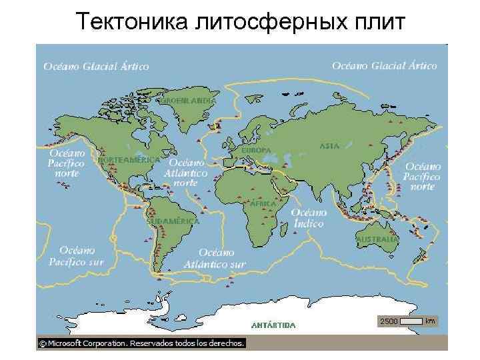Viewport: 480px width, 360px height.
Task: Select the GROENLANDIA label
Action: pos(186,100)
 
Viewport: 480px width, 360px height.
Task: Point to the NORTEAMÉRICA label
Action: pos(129,161)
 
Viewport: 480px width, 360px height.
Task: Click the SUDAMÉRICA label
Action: pos(173,221)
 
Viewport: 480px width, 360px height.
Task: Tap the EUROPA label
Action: pos(256,151)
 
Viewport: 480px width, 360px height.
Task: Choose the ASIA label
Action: pos(329,145)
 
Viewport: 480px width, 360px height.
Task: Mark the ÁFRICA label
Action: pos(263,203)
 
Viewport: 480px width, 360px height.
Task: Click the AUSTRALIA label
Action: pos(377,239)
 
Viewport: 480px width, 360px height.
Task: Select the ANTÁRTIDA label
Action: pos(273,325)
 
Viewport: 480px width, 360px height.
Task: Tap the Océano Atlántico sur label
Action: pos(223,259)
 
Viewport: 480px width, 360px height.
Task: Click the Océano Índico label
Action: pos(309,217)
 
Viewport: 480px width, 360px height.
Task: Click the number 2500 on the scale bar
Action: pos(389,321)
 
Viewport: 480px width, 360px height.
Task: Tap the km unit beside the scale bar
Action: pos(430,321)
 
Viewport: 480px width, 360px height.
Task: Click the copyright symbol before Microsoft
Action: pos(42,343)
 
